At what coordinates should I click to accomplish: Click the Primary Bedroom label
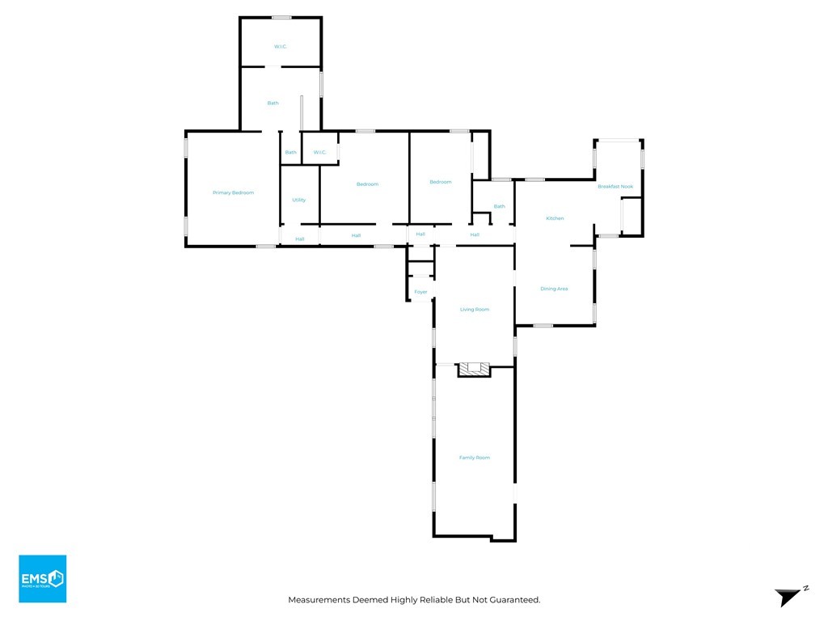coord(233,192)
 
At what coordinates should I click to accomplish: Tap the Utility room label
coord(298,200)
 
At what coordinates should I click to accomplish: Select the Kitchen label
coord(555,218)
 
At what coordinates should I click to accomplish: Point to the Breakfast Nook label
coord(615,187)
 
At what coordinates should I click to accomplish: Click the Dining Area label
coord(554,289)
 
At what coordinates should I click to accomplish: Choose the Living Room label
coord(475,310)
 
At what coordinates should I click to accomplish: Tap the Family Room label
coord(475,458)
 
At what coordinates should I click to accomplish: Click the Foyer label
coord(420,292)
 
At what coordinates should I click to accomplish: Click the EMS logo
coord(43,578)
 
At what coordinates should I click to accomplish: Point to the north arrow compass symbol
coord(788,597)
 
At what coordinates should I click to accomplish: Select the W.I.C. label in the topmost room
coord(281,47)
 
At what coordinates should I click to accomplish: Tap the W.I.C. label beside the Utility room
coord(319,152)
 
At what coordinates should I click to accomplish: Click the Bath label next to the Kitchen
coord(499,206)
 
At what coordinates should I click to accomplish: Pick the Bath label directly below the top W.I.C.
coord(273,103)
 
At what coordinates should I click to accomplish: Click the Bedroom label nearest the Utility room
coord(367,184)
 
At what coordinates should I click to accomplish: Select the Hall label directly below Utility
coord(299,239)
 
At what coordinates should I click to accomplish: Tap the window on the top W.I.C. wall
coord(281,17)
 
